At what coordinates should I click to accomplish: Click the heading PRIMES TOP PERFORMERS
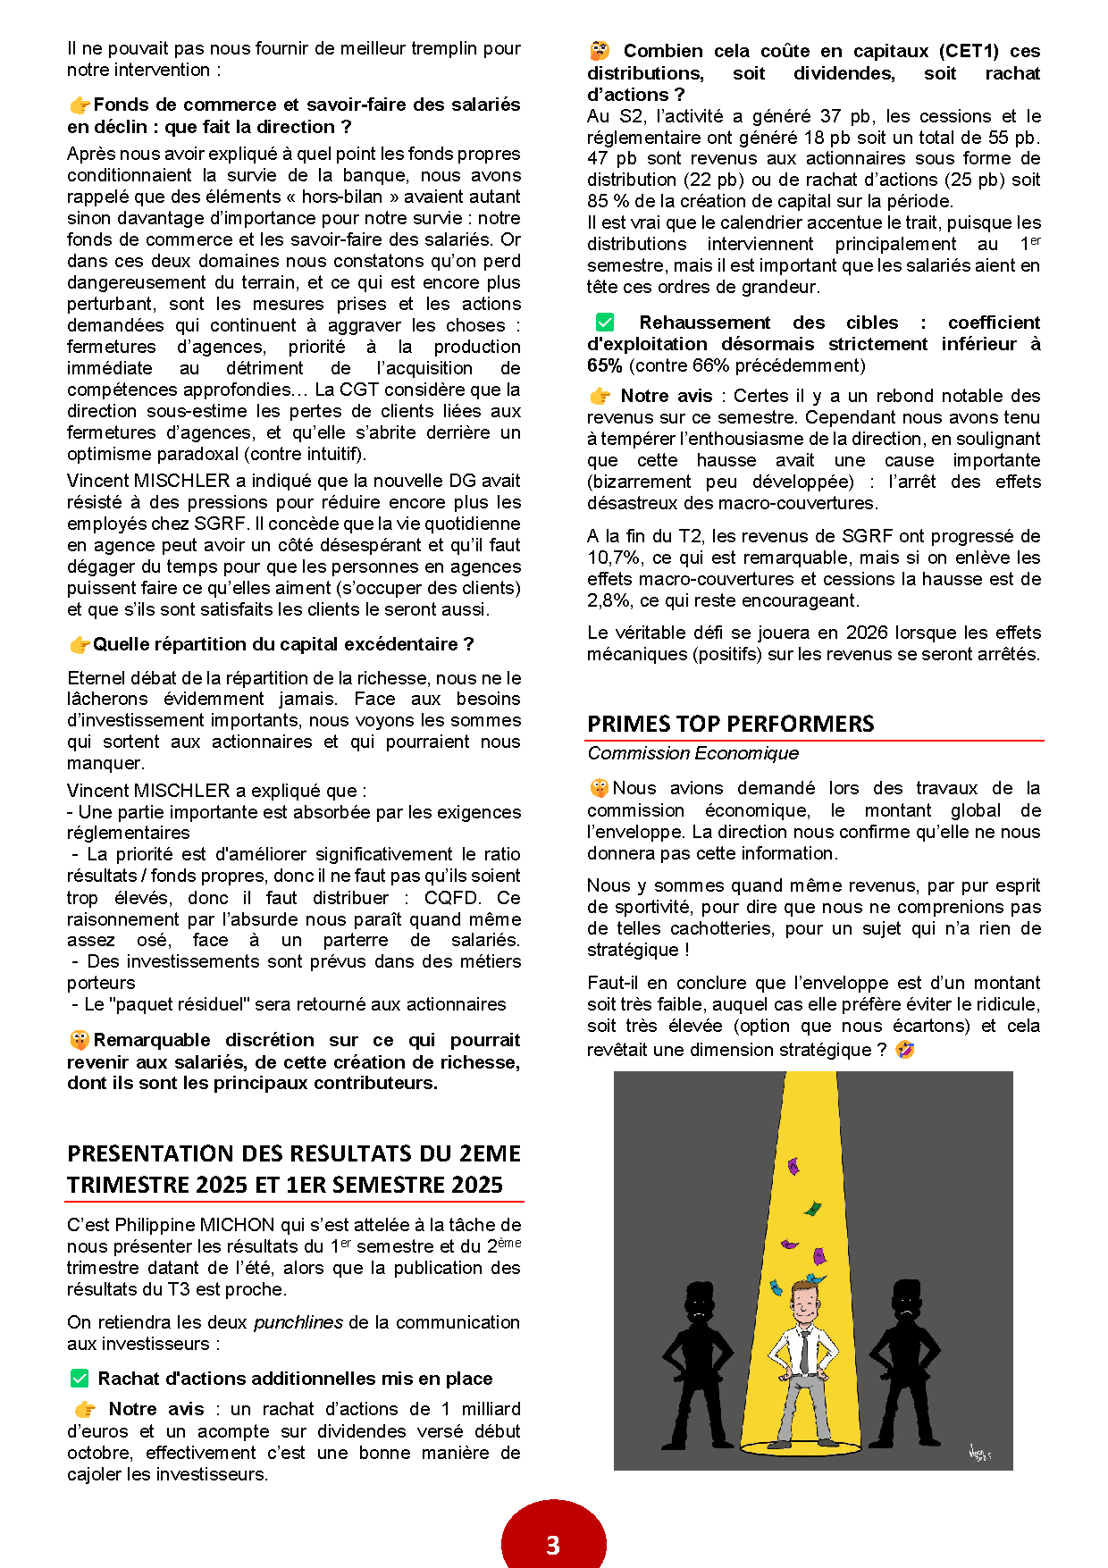point(730,724)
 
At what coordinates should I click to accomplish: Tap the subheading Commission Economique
point(692,753)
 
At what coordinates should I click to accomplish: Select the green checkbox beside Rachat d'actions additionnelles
point(80,1379)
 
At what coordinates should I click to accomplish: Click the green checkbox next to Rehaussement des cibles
point(605,323)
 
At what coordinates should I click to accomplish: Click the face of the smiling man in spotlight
point(805,1306)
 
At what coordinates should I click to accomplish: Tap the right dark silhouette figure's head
point(907,1304)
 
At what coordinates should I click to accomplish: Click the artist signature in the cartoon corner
point(979,1454)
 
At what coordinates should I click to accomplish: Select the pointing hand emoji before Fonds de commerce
point(80,105)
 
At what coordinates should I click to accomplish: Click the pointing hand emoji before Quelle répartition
point(80,644)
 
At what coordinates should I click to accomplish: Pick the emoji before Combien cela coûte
point(600,51)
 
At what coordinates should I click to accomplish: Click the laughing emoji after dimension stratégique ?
point(904,1050)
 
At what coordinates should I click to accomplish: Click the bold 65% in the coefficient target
point(605,365)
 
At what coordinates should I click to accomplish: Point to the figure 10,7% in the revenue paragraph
point(614,558)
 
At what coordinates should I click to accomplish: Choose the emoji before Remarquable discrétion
point(80,1040)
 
